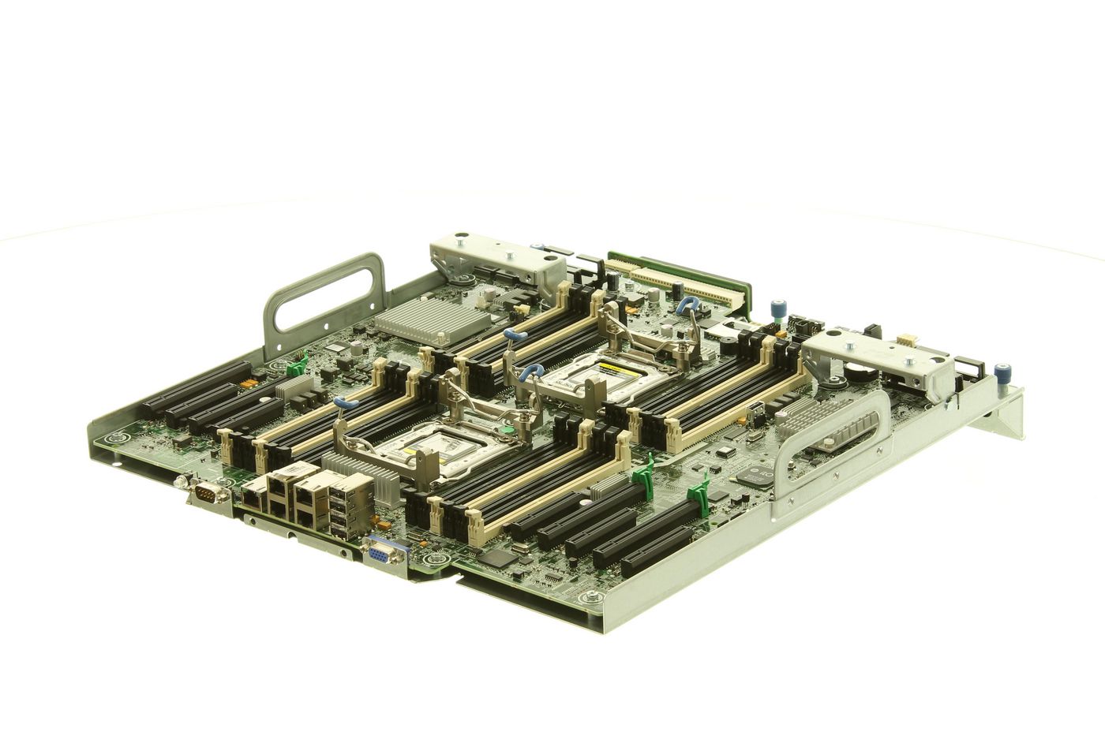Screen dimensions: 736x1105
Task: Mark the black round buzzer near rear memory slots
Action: tap(612, 280)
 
